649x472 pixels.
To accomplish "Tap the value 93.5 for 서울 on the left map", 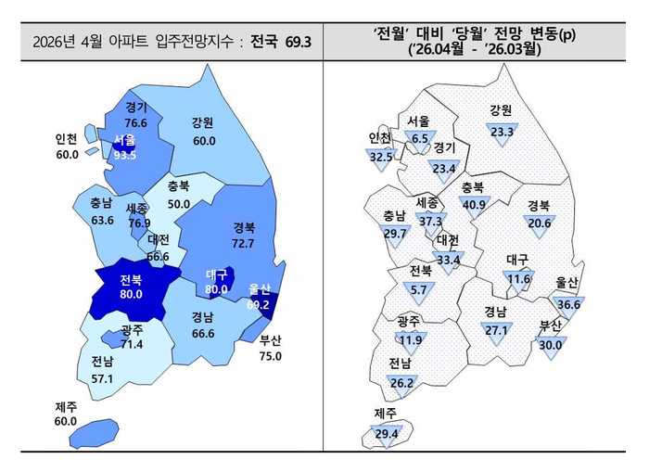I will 125,155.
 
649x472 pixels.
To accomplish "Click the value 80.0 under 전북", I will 131,294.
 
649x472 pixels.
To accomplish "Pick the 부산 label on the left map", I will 271,340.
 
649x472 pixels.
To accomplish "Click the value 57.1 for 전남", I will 103,378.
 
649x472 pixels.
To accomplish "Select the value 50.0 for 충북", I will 178,203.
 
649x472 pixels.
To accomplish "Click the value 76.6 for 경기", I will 135,122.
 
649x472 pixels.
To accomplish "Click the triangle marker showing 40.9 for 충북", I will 474,204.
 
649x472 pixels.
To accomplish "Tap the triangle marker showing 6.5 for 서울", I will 419,139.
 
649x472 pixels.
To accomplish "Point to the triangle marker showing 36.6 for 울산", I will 568,304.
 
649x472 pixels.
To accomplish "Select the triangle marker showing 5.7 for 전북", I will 420,289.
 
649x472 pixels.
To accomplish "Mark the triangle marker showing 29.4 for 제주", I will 386,432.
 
